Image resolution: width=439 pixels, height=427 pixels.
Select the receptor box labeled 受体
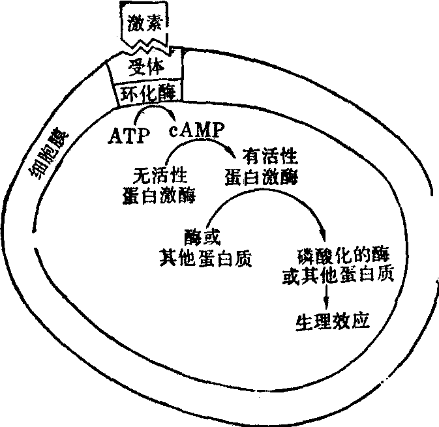[x=145, y=67]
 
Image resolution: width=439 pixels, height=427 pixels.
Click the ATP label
[x=129, y=137]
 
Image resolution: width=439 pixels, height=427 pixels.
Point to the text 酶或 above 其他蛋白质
[x=200, y=236]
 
